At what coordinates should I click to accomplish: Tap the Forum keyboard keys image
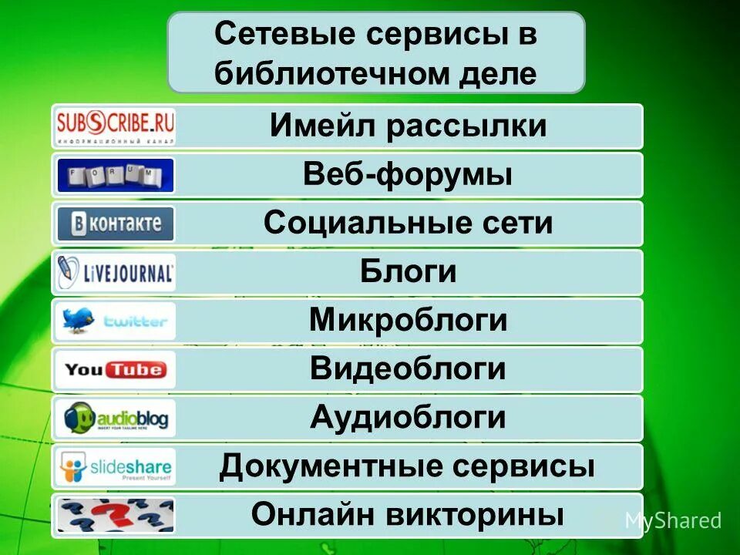tap(116, 175)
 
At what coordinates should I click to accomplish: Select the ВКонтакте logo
tap(116, 224)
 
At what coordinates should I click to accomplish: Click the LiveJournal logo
tap(116, 272)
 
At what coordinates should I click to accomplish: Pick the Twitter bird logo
tap(116, 321)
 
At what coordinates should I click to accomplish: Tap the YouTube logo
tap(116, 369)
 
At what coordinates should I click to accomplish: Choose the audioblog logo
tap(116, 418)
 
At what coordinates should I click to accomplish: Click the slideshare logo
tap(116, 466)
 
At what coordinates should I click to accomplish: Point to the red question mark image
tap(116, 515)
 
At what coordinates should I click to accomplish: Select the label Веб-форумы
tap(408, 175)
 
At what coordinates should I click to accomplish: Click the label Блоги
tap(408, 272)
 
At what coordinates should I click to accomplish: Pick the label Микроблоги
tap(408, 321)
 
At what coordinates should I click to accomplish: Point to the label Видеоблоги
tap(408, 369)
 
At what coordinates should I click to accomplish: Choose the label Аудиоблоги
tap(408, 418)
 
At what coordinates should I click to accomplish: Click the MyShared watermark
tap(671, 521)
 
